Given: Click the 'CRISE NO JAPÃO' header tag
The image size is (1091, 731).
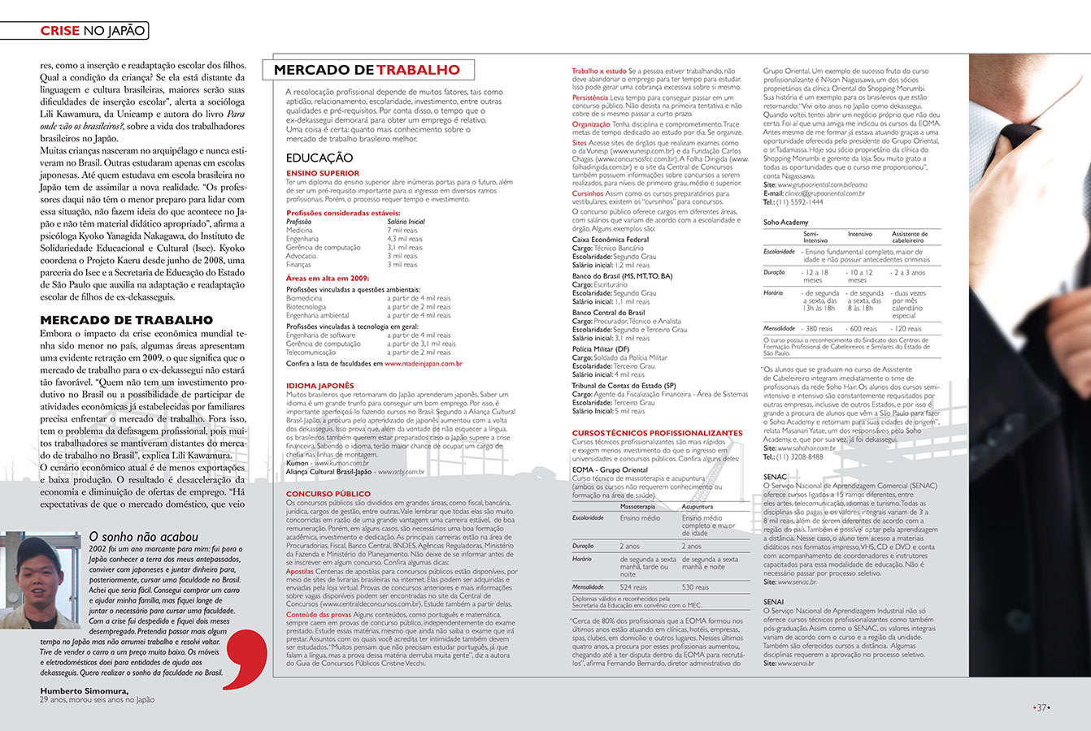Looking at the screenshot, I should click(x=93, y=31).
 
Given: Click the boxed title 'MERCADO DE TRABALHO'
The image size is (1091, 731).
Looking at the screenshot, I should click(x=367, y=70).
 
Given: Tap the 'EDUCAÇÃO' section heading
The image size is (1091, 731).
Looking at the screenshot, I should click(x=319, y=158).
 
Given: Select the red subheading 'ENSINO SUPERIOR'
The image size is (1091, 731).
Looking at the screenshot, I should click(x=322, y=173).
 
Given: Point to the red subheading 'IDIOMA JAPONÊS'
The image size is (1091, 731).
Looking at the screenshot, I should click(x=319, y=386).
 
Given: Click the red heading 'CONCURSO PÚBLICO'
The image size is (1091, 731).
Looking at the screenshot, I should click(x=328, y=494).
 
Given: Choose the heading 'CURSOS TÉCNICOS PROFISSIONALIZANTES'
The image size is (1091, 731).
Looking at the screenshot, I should click(x=657, y=433).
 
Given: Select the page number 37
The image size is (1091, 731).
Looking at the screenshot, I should click(x=1041, y=707).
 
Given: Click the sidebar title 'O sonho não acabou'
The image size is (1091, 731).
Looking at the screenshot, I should click(x=143, y=537).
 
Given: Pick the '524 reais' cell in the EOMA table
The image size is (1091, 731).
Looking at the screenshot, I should click(x=633, y=587).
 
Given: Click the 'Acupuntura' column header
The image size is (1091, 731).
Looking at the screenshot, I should click(x=698, y=507).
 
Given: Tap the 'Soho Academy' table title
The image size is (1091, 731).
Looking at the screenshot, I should click(x=785, y=223).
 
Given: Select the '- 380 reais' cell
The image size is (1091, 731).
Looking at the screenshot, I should click(x=818, y=329).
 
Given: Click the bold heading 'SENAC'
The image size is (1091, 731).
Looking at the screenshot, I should click(x=775, y=478).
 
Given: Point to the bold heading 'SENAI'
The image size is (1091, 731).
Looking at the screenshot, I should click(x=773, y=602).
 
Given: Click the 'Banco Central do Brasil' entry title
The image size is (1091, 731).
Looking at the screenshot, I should click(x=608, y=313).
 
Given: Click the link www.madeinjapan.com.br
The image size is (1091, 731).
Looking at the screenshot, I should click(x=423, y=364).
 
